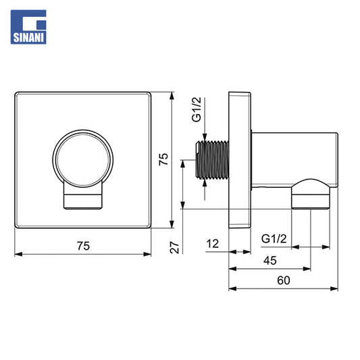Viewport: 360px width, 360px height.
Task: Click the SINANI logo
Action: pos(28,27)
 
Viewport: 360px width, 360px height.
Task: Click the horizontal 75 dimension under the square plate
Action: pos(83,246)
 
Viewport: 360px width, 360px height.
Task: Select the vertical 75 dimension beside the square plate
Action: pos(163,159)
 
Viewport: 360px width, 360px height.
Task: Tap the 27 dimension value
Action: pos(174,247)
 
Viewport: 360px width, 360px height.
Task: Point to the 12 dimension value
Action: pos(212,244)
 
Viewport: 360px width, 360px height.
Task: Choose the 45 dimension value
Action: pos(270,261)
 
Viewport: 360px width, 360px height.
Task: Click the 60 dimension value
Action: pos(283,280)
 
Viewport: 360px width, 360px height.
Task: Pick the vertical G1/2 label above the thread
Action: pos(197,109)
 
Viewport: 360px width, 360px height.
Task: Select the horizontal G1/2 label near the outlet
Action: pos(274,239)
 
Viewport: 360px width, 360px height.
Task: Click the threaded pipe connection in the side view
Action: pos(212,160)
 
